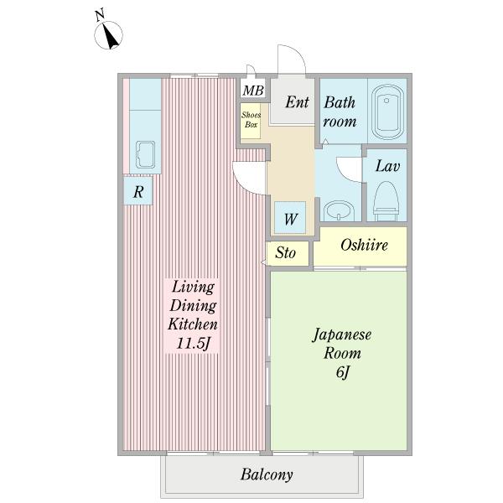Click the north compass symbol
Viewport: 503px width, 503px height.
coord(108,34)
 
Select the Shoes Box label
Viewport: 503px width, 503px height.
coord(251,120)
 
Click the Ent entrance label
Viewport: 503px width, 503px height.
coord(297,102)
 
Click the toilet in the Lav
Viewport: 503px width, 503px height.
coord(386,201)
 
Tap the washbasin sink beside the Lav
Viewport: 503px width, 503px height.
coord(339,211)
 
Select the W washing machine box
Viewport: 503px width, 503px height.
coord(290,217)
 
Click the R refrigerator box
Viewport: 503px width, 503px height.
coord(138,191)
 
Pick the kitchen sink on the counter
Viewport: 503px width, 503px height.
coord(145,154)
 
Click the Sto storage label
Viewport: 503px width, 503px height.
coord(285,252)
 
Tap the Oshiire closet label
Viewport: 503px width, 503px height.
coord(364,245)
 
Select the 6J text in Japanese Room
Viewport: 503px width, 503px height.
coord(342,372)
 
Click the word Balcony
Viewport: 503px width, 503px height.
coord(267,474)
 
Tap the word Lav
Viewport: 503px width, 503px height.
coord(387,166)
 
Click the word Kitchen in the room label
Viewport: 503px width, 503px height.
coord(193,324)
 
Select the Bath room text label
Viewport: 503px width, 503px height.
coord(340,112)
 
